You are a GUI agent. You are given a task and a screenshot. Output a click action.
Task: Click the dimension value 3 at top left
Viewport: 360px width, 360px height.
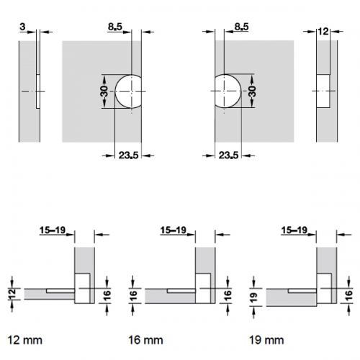(22, 27)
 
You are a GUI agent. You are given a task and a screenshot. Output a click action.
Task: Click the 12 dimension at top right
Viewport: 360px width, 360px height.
(323, 32)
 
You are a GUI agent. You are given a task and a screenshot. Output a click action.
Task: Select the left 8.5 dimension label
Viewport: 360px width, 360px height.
(115, 27)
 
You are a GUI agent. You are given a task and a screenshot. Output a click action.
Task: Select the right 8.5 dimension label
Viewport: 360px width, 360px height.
(241, 27)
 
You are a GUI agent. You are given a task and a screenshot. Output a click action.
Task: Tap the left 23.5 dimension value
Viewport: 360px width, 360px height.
(129, 156)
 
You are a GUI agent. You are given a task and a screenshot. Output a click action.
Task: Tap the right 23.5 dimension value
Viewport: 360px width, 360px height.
(228, 156)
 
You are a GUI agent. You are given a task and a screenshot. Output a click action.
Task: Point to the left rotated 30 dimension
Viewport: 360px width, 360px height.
(104, 91)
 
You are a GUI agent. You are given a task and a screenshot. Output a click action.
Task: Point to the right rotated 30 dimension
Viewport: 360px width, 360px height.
(252, 91)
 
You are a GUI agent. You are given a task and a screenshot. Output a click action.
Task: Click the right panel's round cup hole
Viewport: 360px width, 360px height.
(228, 91)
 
